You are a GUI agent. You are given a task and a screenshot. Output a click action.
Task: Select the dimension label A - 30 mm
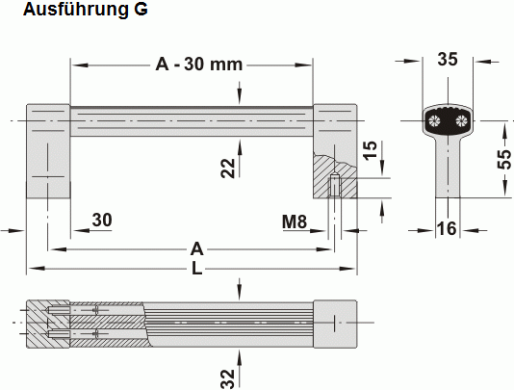tap(199, 65)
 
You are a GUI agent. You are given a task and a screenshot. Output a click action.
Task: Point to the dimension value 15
tap(370, 151)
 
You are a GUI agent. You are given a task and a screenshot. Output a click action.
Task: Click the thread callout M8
tap(295, 221)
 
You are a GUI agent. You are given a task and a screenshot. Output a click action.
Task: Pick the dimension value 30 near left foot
tap(101, 221)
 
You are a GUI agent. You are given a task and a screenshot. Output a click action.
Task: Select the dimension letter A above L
tap(196, 248)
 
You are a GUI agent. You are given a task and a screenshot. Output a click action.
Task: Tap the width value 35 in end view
tap(448, 59)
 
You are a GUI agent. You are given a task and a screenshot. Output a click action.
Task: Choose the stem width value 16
tap(448, 228)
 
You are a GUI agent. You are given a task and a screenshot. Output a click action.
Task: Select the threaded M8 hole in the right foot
tap(334, 186)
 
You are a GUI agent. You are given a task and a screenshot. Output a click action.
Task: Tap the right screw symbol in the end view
tap(462, 120)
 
